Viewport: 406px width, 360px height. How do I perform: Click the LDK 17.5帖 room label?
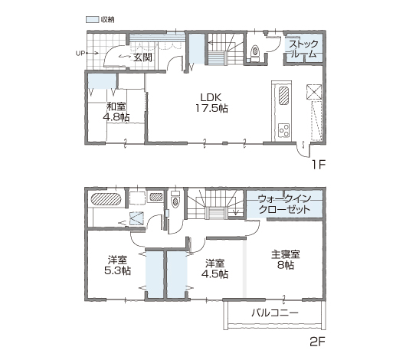(211, 103)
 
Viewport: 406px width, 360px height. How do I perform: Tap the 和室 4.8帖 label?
(116, 112)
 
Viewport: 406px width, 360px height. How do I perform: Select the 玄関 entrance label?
(142, 57)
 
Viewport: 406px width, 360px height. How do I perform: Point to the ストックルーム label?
(303, 49)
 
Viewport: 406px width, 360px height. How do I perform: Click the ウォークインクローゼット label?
(284, 204)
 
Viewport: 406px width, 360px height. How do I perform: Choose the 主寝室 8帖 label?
(286, 260)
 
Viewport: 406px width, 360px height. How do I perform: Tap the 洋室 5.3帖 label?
(117, 265)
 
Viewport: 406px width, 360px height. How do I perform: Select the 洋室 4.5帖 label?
(215, 269)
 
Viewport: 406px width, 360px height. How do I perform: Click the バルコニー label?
(275, 313)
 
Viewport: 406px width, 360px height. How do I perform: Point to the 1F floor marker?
(318, 164)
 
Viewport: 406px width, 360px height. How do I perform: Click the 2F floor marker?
(317, 342)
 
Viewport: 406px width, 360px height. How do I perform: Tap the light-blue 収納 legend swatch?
(93, 19)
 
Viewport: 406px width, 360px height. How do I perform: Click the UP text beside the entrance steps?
(80, 54)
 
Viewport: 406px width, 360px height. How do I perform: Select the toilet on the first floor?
(255, 53)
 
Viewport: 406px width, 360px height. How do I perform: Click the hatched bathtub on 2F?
(106, 199)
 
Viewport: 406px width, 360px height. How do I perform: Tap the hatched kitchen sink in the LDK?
(284, 96)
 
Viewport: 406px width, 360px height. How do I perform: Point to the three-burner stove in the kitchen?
(283, 130)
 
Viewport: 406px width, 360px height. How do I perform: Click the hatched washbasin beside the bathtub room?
(156, 197)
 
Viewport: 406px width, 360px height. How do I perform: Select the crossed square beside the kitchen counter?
(314, 92)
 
